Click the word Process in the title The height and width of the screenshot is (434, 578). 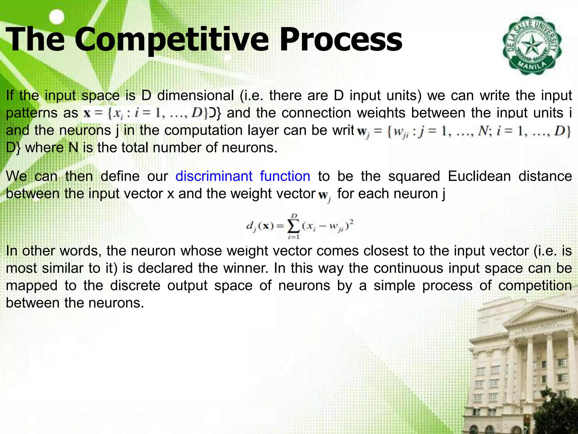click(x=341, y=40)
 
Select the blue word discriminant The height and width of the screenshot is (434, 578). click(x=214, y=176)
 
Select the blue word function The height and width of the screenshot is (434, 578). click(x=285, y=176)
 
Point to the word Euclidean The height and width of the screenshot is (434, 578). click(x=479, y=176)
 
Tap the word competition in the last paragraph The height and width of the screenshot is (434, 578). click(x=535, y=286)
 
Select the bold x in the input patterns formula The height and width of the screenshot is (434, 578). click(x=87, y=114)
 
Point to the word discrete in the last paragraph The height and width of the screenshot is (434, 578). click(x=135, y=286)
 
